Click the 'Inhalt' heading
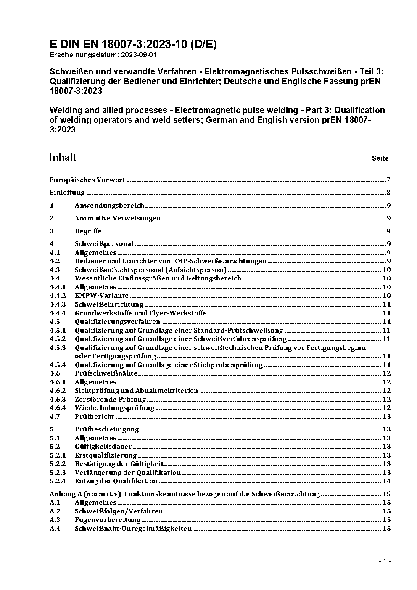pos(63,157)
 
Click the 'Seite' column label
pos(380,159)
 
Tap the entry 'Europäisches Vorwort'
pos(87,180)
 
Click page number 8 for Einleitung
pos(388,193)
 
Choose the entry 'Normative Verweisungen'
pos(118,218)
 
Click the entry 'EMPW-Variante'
pos(101,296)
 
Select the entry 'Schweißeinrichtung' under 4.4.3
pos(109,304)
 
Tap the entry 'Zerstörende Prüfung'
pos(110,400)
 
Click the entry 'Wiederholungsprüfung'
pos(114,408)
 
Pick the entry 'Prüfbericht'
pos(94,417)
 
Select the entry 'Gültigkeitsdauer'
pos(103,447)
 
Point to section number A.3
pos(55,520)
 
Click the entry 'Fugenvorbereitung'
pos(108,520)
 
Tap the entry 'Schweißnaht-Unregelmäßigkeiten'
pos(133,529)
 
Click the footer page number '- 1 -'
pos(385,561)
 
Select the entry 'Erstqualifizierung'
pos(106,455)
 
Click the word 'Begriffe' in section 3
pos(88,231)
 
